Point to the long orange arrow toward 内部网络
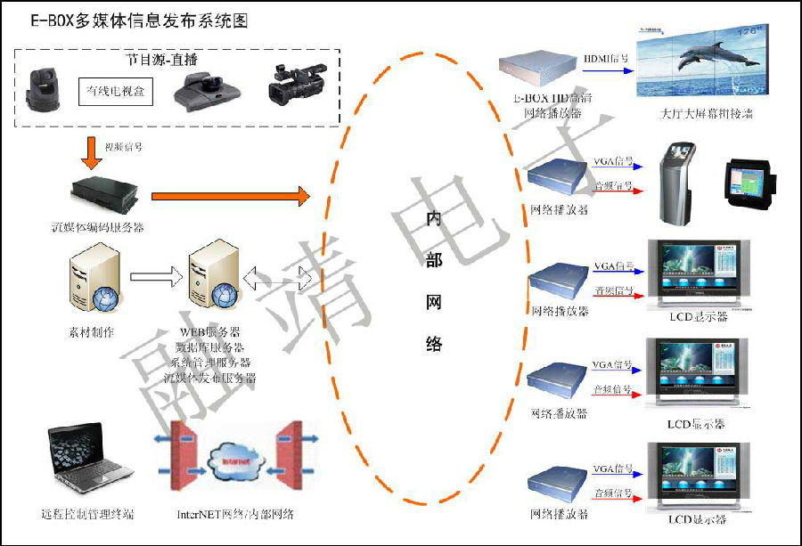230,194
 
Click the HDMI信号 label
606,60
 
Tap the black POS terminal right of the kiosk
749,184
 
